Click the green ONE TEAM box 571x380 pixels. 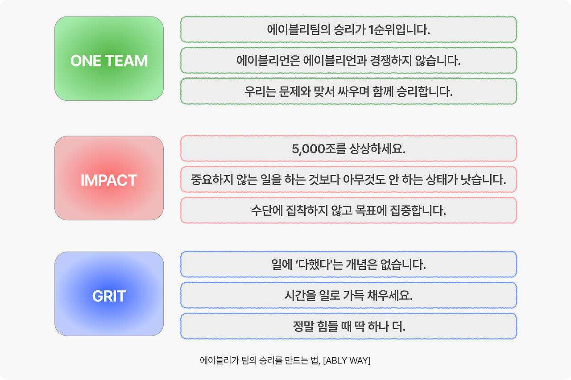click(109, 58)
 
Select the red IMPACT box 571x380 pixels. click(109, 178)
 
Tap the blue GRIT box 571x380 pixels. click(109, 294)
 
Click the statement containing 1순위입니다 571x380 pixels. click(348, 30)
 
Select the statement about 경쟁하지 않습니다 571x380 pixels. click(348, 61)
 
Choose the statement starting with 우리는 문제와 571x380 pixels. click(348, 91)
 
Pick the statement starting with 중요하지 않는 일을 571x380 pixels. click(348, 180)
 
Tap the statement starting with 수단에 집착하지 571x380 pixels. click(348, 211)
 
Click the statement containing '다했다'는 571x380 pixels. click(348, 264)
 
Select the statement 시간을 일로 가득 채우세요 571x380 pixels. click(348, 295)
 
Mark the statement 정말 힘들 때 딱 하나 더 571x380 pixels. click(348, 326)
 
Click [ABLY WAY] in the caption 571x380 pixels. click(347, 360)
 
